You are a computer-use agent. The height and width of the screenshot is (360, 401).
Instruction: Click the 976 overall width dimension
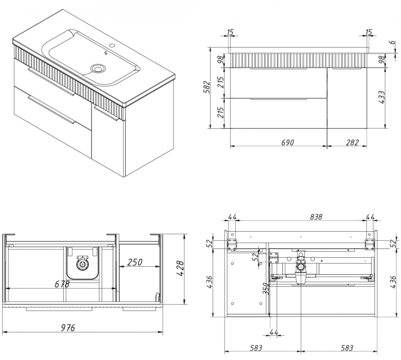pos(68,328)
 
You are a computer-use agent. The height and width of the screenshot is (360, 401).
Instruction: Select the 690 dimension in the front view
pos(286,143)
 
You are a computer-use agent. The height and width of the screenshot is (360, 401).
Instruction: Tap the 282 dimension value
pos(352,143)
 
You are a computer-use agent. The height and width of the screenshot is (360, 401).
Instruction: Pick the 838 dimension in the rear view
pos(302,217)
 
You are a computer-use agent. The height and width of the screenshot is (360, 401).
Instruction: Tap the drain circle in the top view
pos(81,263)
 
